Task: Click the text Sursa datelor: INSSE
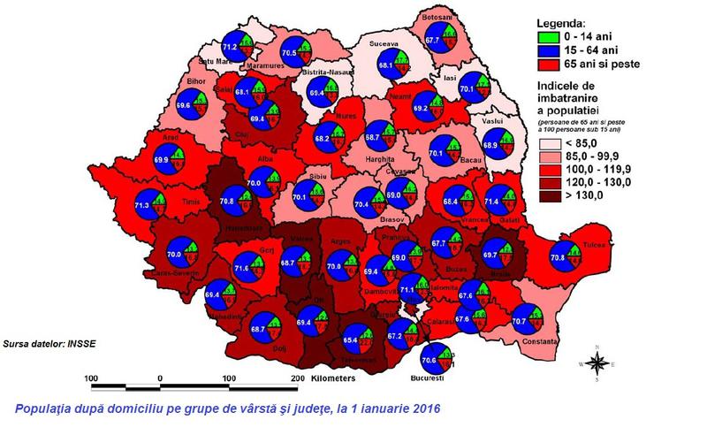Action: [x=45, y=339]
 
